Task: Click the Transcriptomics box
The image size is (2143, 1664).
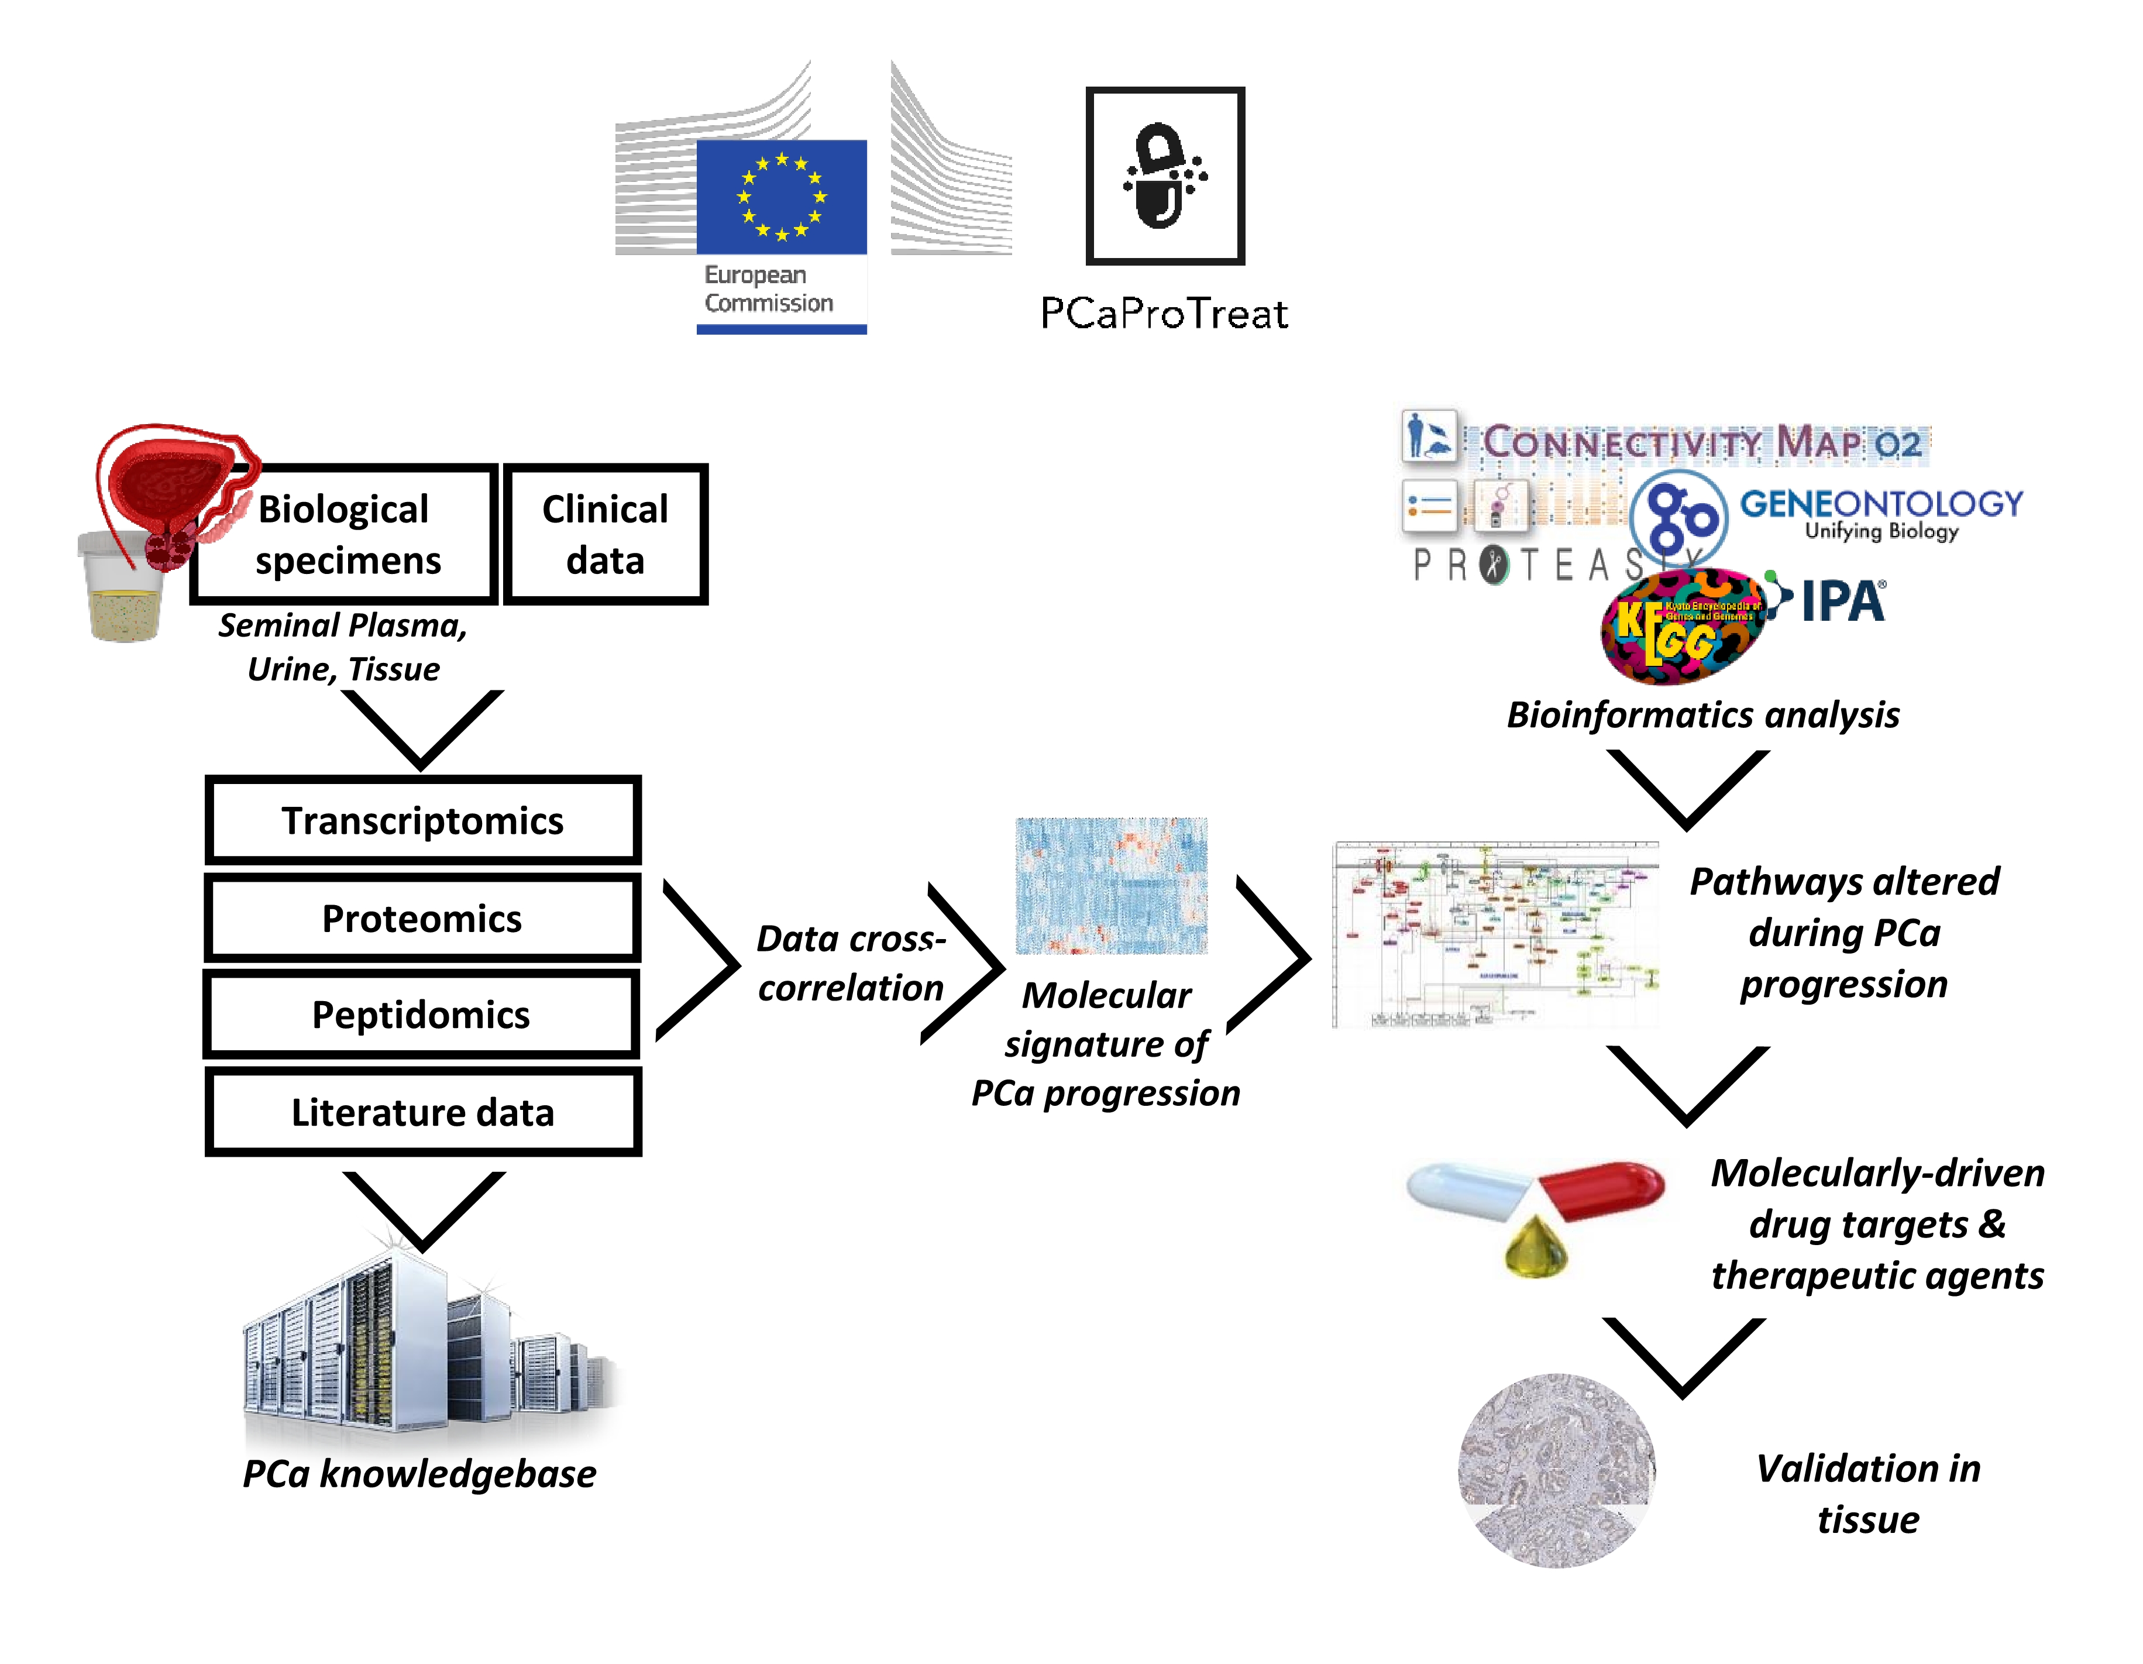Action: pos(423,820)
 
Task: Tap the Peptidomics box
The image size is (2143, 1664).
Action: pos(421,1015)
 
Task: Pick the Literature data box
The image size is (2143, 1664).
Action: pos(423,1113)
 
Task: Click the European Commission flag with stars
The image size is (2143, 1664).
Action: pos(781,196)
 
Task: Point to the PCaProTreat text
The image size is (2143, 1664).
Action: pos(1164,314)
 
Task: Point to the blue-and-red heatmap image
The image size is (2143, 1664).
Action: pos(1111,886)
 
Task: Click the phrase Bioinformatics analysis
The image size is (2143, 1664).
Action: pos(1702,715)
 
